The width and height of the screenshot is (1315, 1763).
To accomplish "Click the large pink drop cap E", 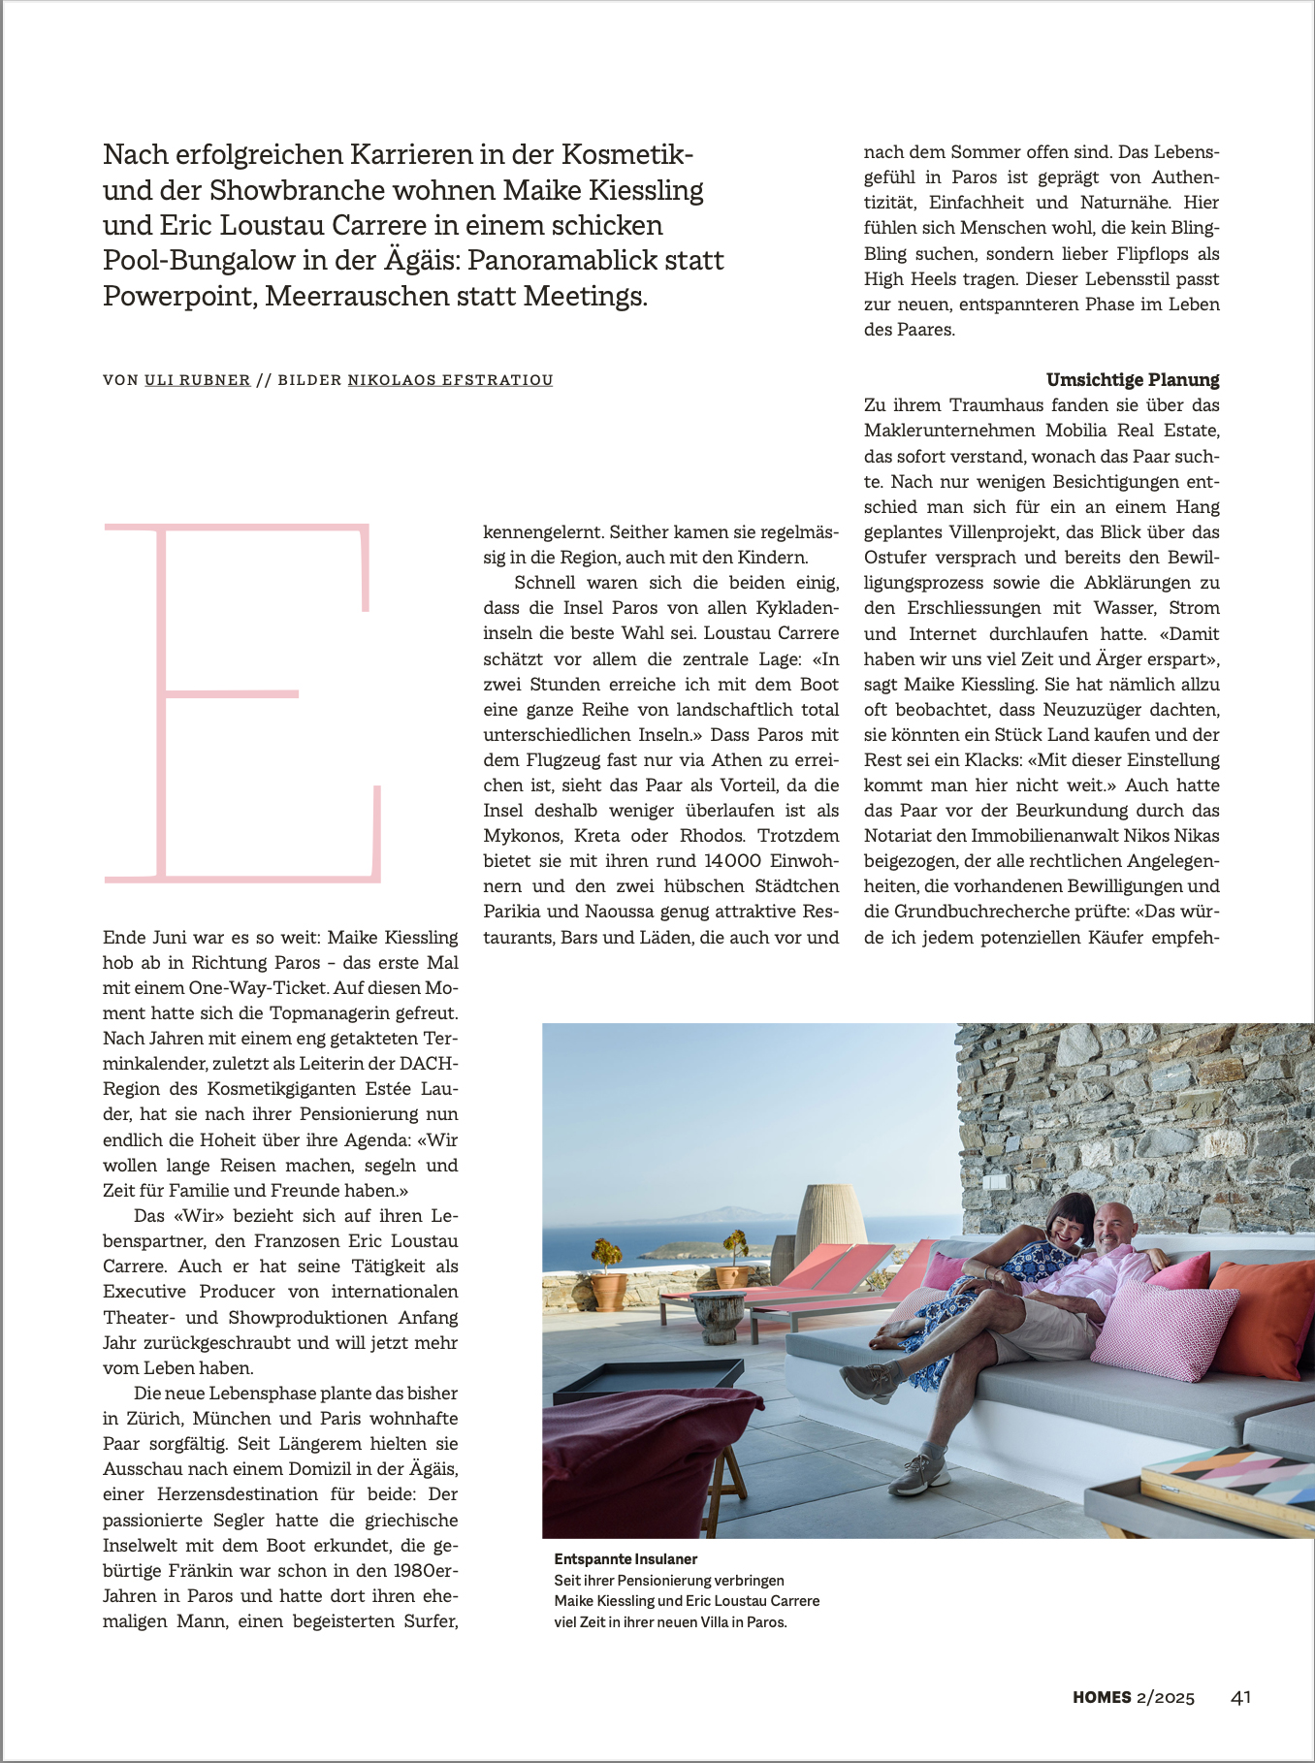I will click(242, 703).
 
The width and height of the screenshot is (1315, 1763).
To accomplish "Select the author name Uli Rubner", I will click(197, 380).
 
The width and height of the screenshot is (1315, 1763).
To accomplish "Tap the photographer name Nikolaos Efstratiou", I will click(450, 380).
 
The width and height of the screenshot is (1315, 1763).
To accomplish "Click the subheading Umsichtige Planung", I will click(1133, 379).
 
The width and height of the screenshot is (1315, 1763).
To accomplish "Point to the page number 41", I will click(1240, 1697).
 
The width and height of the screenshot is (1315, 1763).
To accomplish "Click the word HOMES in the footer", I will click(1102, 1697).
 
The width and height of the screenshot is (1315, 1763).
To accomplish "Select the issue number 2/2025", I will click(1166, 1697).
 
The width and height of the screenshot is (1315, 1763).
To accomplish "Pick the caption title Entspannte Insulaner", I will click(625, 1559).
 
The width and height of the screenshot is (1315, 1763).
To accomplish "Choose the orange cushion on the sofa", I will click(1264, 1314).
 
